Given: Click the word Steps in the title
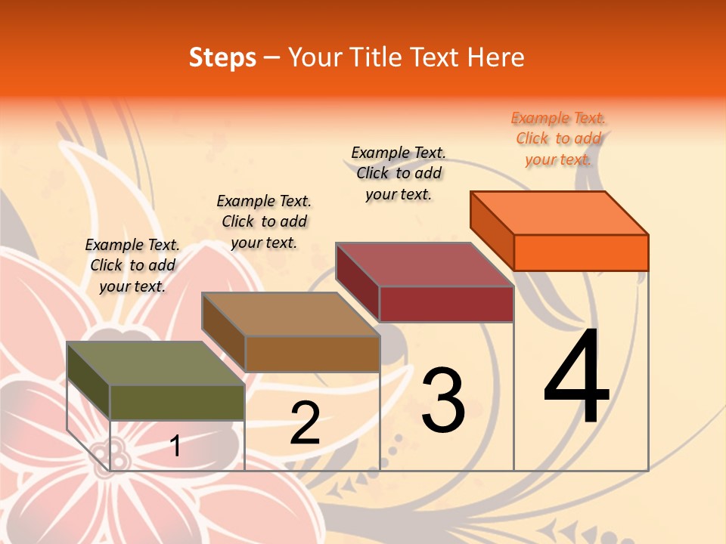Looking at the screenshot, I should [x=222, y=57].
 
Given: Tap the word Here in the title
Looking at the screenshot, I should [x=495, y=57].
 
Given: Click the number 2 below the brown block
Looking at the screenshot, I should [x=305, y=423].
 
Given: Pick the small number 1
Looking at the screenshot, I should [x=175, y=446].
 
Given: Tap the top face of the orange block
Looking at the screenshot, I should [x=560, y=212].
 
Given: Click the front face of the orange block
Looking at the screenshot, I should [x=581, y=252].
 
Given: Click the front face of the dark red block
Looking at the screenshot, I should [x=446, y=304].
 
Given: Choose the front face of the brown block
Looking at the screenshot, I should [x=312, y=354].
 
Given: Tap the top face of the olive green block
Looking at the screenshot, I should [x=156, y=363].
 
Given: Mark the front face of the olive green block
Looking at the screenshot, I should [x=177, y=402].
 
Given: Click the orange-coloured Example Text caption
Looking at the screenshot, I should [x=559, y=138].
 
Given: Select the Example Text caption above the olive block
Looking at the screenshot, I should [x=132, y=265].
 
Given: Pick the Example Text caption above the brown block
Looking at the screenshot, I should [x=264, y=221].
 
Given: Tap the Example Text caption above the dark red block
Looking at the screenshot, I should [x=399, y=173].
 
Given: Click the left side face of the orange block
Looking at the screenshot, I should [x=492, y=230].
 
